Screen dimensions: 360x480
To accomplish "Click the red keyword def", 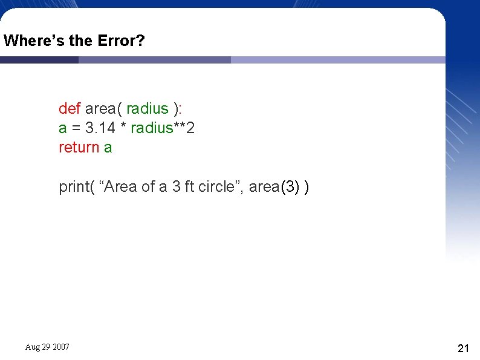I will [x=70, y=108].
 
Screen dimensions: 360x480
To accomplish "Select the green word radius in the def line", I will [x=147, y=108].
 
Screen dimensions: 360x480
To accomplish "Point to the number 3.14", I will [x=101, y=128].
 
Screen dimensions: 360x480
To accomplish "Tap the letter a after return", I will [x=108, y=147].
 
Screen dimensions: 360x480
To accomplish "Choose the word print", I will [x=73, y=186].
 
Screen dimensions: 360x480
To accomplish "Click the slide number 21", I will [x=464, y=348].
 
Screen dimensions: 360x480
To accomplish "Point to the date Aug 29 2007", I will [x=47, y=347].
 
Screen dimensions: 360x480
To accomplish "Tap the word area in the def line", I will [x=100, y=108].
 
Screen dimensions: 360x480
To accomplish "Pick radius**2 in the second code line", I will [x=163, y=128].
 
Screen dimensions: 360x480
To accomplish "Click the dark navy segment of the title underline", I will [x=39, y=60].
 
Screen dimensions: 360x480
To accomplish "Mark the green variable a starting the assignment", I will [x=62, y=128].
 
